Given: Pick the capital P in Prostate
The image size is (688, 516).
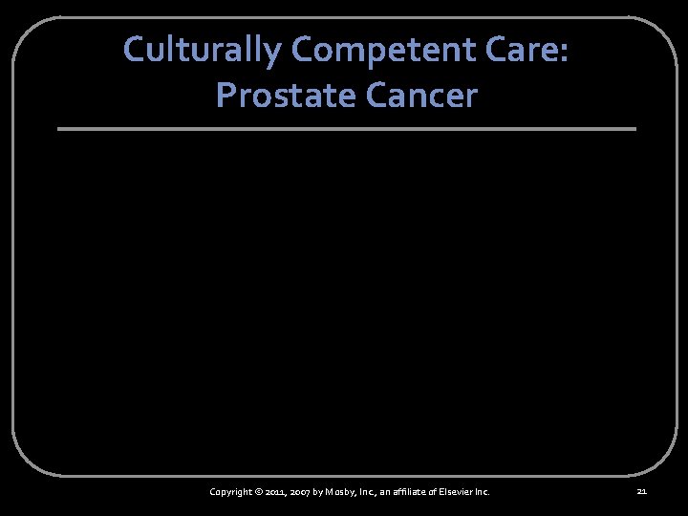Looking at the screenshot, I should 226,95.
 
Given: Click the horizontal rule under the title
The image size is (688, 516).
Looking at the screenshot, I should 346,129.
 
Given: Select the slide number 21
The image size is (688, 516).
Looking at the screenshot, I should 641,492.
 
